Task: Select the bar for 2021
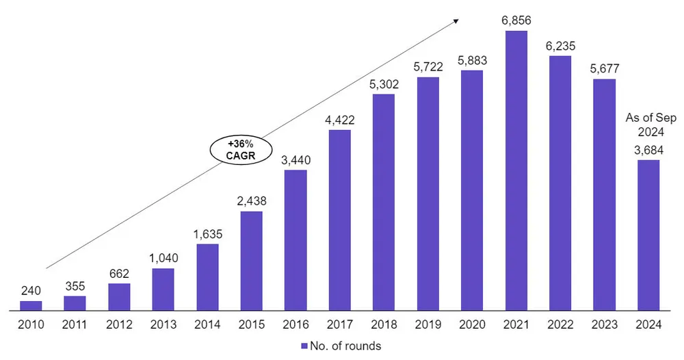tap(516, 170)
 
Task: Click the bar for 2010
tap(31, 305)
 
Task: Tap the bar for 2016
tap(295, 240)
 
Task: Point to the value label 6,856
tap(516, 21)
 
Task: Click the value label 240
tap(31, 291)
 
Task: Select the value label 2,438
tap(252, 202)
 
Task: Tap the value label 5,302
tap(384, 85)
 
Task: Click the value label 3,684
tap(648, 150)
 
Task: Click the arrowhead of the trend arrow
tap(456, 21)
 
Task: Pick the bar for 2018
tap(384, 202)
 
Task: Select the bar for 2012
tap(119, 296)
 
